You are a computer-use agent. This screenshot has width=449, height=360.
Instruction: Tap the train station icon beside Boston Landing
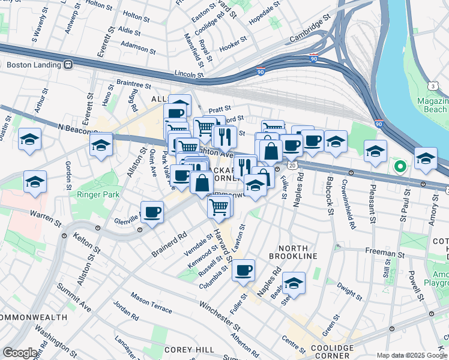[x=68, y=64]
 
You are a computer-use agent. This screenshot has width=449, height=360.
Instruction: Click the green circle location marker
[x=399, y=166]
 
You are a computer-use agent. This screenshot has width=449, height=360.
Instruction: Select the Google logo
[x=20, y=352]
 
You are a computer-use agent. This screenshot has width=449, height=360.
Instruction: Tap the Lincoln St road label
[x=190, y=74]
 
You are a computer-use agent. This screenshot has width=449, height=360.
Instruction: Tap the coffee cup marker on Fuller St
[x=244, y=271]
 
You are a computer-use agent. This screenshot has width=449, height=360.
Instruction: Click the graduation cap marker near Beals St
[x=294, y=283]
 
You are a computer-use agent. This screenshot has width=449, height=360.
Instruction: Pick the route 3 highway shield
[x=433, y=86]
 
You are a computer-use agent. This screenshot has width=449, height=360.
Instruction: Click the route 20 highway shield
[x=292, y=164]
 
